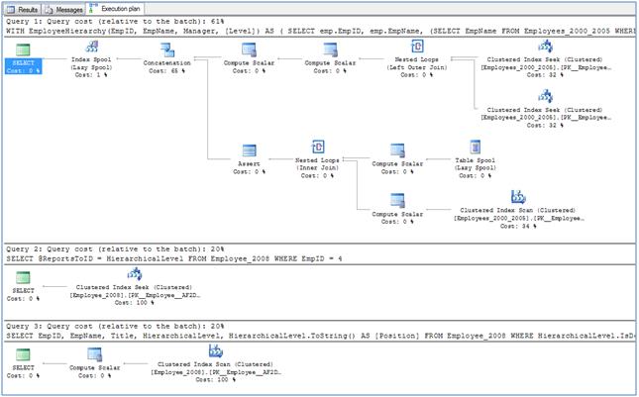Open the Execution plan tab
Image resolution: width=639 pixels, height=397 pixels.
(x=117, y=8)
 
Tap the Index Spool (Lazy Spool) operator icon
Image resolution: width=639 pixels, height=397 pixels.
(x=93, y=48)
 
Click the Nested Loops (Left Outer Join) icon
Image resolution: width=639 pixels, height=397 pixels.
(x=414, y=48)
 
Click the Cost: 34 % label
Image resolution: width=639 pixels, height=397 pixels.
(x=517, y=226)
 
